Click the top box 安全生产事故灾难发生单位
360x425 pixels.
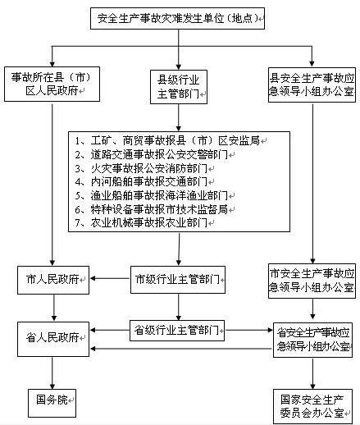pyautogui.click(x=177, y=18)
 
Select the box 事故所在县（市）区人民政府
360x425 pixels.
pyautogui.click(x=52, y=84)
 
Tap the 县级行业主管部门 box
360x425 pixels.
pyautogui.click(x=179, y=87)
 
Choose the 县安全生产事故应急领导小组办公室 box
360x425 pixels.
pyautogui.click(x=312, y=85)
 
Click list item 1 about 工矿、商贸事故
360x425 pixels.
pyautogui.click(x=167, y=140)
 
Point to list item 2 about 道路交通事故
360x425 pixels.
pyautogui.click(x=152, y=155)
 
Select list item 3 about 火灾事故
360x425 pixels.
pyautogui.click(x=141, y=168)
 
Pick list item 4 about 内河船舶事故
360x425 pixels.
pyautogui.click(x=141, y=181)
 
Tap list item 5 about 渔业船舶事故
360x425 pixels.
pyautogui.click(x=152, y=195)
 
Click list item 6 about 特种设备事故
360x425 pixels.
pyautogui.click(x=152, y=209)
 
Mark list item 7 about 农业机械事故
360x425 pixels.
pyautogui.click(x=141, y=223)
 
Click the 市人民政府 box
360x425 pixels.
pyautogui.click(x=53, y=280)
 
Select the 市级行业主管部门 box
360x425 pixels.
pyautogui.click(x=178, y=280)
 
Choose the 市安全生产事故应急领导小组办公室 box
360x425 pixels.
pyautogui.click(x=312, y=281)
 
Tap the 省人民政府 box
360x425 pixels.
pyautogui.click(x=53, y=339)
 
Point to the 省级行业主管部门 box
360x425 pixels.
pyautogui.click(x=177, y=331)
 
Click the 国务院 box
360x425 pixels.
pyautogui.click(x=52, y=403)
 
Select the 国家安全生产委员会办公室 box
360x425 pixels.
pyautogui.click(x=312, y=406)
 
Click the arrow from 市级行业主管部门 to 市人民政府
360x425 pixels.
pyautogui.click(x=110, y=279)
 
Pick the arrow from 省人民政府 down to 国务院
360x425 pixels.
pyautogui.click(x=52, y=373)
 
